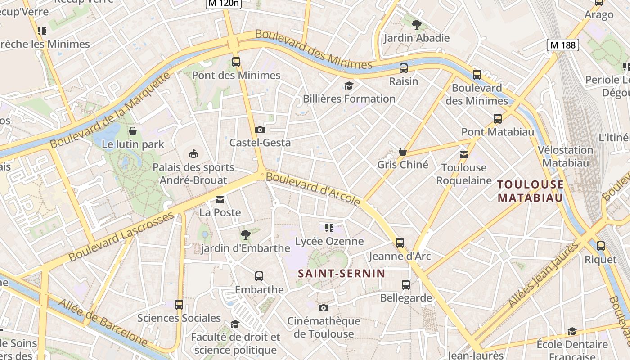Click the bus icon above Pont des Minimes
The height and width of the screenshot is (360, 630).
236,62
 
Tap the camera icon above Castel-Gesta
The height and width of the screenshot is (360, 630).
260,130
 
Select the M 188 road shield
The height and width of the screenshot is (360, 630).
562,45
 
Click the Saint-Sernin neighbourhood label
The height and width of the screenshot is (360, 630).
342,273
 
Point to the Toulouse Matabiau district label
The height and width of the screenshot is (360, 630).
531,191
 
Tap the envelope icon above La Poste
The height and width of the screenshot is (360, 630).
220,199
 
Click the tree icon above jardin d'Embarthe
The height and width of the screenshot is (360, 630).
245,234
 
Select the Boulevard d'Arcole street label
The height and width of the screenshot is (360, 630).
313,188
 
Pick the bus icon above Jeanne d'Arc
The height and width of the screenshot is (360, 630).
400,243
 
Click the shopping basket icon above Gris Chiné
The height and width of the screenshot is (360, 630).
403,152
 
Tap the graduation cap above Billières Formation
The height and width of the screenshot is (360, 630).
349,85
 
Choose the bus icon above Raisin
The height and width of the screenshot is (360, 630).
404,68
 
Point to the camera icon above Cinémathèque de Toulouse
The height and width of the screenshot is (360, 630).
323,308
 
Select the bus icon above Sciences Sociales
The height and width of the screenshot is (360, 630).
179,305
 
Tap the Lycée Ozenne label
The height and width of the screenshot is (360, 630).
329,241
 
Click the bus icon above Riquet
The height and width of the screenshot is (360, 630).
601,246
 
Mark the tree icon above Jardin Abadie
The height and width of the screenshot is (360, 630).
417,25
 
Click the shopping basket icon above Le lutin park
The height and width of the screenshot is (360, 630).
133,131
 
